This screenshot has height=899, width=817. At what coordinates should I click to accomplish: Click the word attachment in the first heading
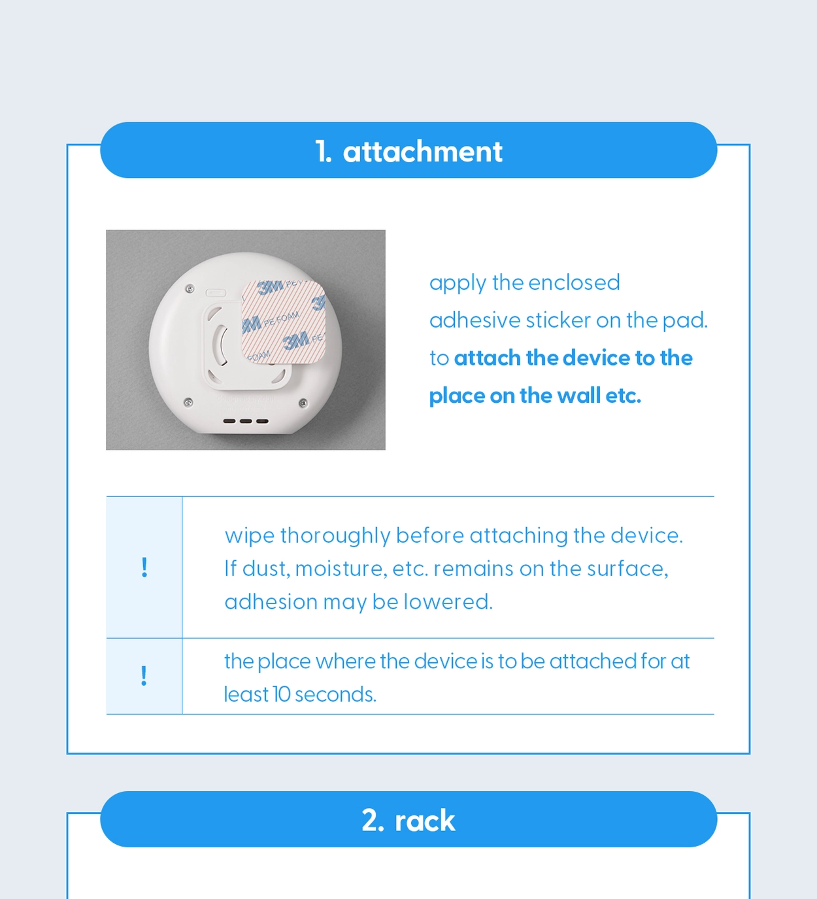(x=423, y=152)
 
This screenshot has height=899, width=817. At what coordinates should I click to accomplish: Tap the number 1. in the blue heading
(x=323, y=152)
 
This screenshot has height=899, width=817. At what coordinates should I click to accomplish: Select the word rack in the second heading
(x=425, y=821)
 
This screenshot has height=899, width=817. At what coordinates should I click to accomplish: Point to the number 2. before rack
(x=373, y=821)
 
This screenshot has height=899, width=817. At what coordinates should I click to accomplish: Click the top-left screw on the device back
(x=190, y=289)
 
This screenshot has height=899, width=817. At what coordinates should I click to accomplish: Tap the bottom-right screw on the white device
(x=303, y=403)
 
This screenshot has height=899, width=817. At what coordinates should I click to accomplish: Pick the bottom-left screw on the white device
(x=189, y=401)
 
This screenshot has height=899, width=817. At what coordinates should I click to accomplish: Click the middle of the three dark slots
(x=246, y=421)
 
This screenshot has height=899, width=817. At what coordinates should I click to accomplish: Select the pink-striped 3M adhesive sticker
(x=284, y=322)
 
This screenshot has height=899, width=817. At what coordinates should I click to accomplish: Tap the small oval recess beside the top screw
(x=216, y=293)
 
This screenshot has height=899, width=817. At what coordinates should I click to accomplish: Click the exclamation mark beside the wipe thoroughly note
(x=144, y=568)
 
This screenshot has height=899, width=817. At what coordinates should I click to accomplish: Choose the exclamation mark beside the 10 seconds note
(x=144, y=676)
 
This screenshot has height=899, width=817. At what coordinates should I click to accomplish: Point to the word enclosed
(x=574, y=283)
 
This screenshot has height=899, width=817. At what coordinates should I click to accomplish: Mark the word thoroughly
(x=335, y=536)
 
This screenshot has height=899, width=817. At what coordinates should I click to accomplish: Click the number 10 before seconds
(x=282, y=694)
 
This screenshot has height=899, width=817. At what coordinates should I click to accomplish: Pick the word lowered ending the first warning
(x=448, y=602)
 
